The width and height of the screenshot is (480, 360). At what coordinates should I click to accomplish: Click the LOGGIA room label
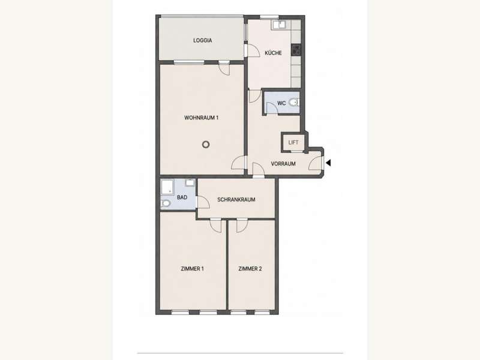tap(202, 40)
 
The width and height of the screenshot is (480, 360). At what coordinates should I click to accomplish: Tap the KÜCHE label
tap(273, 53)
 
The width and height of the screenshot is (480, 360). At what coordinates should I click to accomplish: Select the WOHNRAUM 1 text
tap(201, 118)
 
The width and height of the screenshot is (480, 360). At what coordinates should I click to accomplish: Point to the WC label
tap(281, 103)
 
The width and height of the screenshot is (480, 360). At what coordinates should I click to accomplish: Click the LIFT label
tap(293, 142)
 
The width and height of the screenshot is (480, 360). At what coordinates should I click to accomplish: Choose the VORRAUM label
tap(283, 164)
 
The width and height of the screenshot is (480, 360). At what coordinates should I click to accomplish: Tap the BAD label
tap(182, 197)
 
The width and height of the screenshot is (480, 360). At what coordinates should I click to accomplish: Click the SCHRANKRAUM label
tap(236, 200)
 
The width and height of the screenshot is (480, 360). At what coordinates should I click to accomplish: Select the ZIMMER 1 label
tap(192, 269)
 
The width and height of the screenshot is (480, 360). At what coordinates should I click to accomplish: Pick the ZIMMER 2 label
tap(250, 269)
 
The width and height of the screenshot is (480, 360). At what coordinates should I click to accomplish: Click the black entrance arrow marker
tap(328, 163)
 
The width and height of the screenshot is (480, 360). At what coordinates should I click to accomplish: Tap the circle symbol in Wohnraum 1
tap(206, 145)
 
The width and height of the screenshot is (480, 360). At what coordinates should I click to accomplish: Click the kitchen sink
tap(278, 25)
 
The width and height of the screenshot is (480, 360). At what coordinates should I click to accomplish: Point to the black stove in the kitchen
tap(296, 50)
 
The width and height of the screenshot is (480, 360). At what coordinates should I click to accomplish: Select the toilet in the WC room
tap(294, 102)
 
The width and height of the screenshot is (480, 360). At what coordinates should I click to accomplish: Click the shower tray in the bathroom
tap(167, 187)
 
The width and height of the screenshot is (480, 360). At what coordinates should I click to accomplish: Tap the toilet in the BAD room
tap(166, 203)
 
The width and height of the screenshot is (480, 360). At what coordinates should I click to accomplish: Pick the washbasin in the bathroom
tap(190, 183)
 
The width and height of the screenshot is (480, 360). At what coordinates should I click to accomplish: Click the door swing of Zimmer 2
tap(242, 226)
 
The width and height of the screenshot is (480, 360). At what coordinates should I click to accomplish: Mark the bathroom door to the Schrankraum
tap(203, 202)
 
